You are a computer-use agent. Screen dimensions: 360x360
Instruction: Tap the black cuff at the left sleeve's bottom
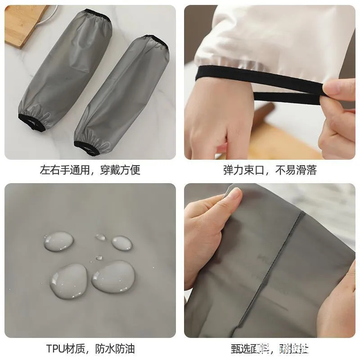[28, 121]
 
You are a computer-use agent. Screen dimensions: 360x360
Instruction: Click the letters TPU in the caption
[55, 348]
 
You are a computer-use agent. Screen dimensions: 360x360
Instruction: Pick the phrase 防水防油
[115, 348]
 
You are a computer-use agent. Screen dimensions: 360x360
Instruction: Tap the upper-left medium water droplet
[58, 241]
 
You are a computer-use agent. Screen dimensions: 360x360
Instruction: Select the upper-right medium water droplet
[122, 243]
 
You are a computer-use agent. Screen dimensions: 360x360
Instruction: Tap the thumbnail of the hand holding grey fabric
[232, 195]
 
